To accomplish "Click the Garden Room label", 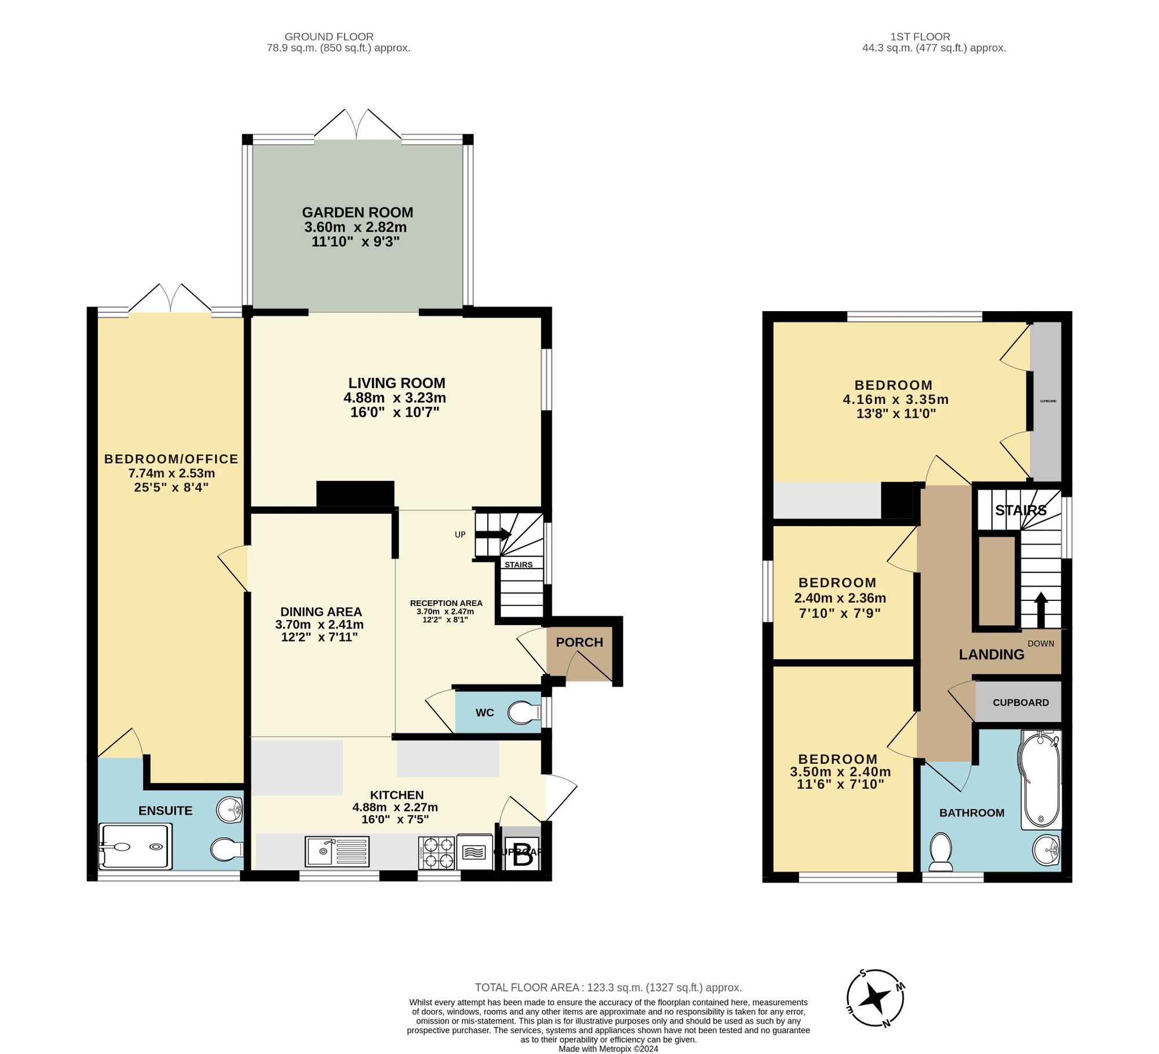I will point(358,213).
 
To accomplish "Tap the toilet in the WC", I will point(524,713).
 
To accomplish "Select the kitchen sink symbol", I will point(337,852).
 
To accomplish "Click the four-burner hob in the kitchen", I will point(436,852).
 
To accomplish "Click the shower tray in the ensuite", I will point(136,847).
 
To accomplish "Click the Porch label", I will point(579,642).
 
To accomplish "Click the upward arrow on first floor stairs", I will point(1041,610).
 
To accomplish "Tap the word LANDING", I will point(991,655).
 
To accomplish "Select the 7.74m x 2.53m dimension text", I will point(172,473).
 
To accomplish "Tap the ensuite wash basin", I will point(230,809).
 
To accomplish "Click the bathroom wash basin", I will point(1047,850).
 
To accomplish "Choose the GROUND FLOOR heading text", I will point(329,37).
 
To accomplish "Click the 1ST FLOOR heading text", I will point(920,37).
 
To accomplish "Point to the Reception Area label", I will point(446,603).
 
